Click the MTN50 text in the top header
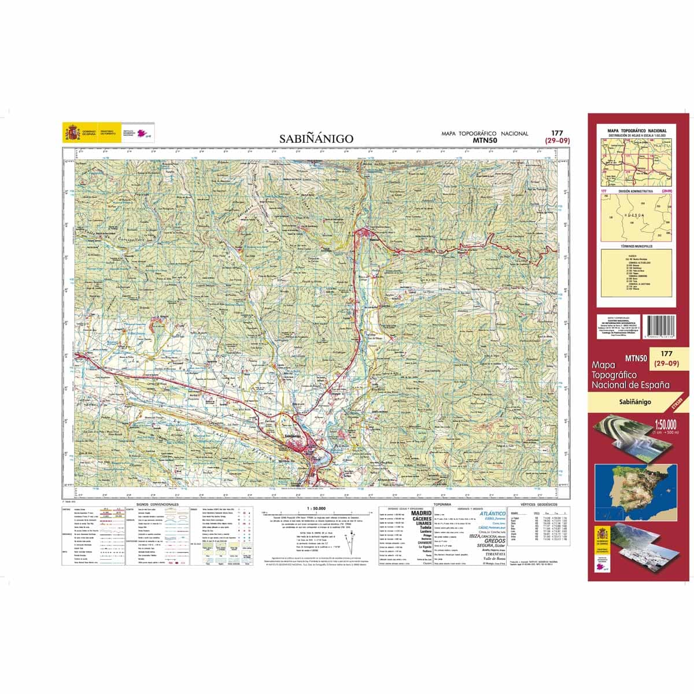(x=485, y=140)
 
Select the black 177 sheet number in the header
(x=557, y=133)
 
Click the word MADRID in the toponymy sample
(x=421, y=513)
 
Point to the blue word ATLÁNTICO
(x=493, y=513)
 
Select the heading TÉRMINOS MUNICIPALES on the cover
(x=636, y=246)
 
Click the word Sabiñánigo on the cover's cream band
(x=634, y=401)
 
